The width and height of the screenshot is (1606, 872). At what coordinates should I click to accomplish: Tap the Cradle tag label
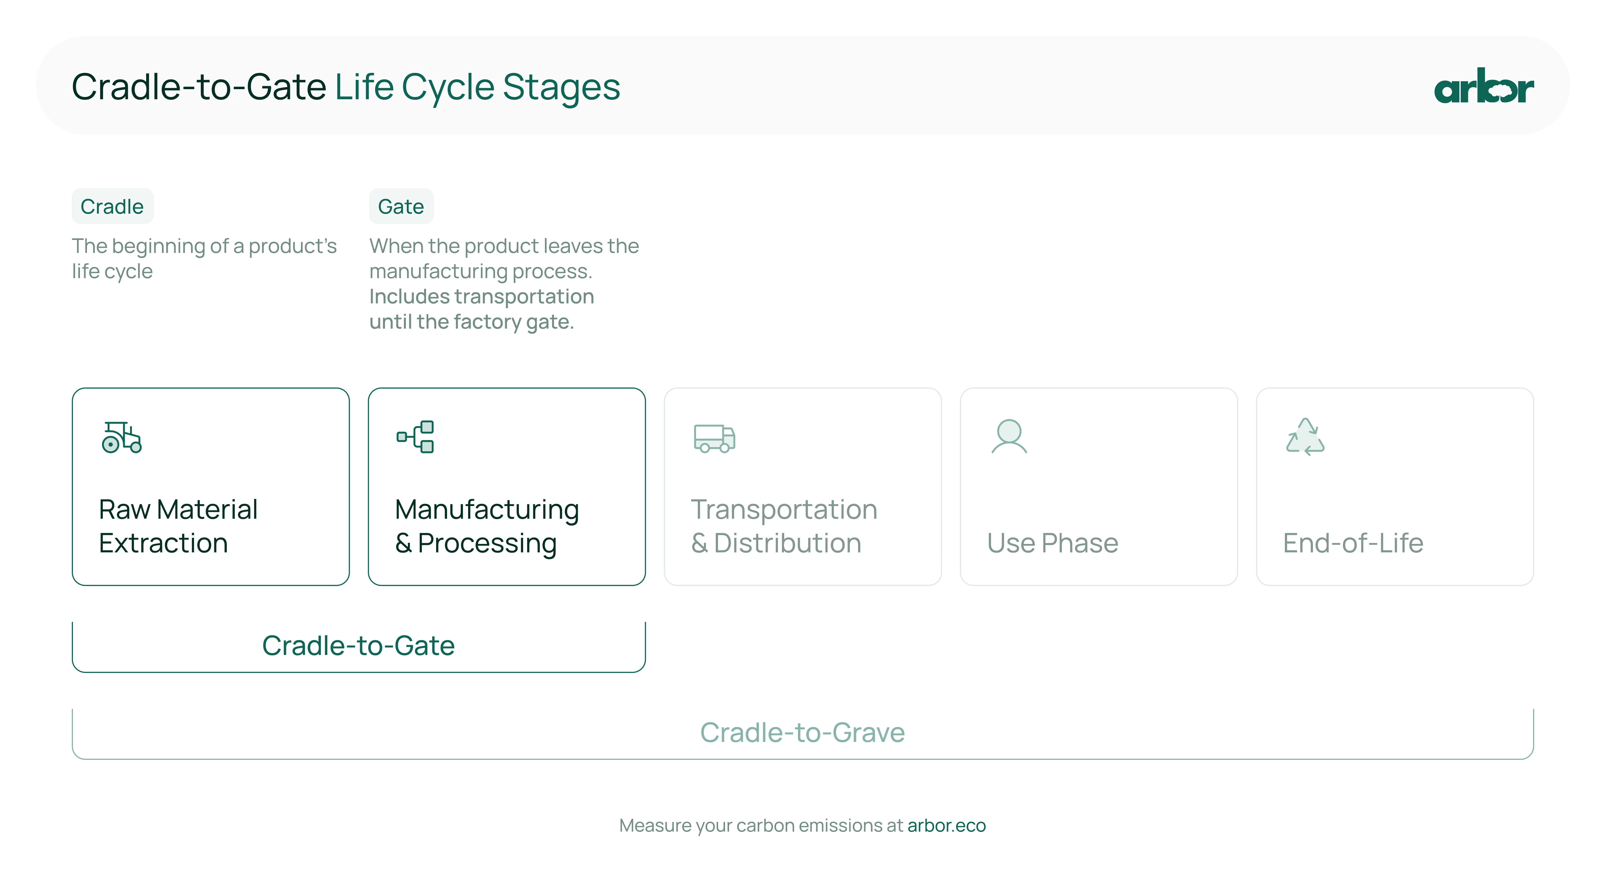point(112,206)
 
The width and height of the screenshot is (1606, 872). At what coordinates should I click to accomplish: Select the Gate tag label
point(401,206)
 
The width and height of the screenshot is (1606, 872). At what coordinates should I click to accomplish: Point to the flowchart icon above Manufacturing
point(415,436)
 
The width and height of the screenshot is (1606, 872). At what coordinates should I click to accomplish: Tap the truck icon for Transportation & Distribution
point(714,438)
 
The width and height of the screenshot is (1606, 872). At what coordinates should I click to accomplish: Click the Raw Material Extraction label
point(178,526)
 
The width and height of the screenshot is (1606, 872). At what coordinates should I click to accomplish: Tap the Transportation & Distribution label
point(784,526)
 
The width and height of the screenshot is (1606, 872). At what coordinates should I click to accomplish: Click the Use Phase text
point(1052,543)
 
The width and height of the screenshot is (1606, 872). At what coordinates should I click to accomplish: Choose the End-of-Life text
point(1353,543)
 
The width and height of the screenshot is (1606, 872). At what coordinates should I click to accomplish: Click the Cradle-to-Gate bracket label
point(358,646)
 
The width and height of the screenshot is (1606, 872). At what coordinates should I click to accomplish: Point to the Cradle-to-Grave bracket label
point(802,732)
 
